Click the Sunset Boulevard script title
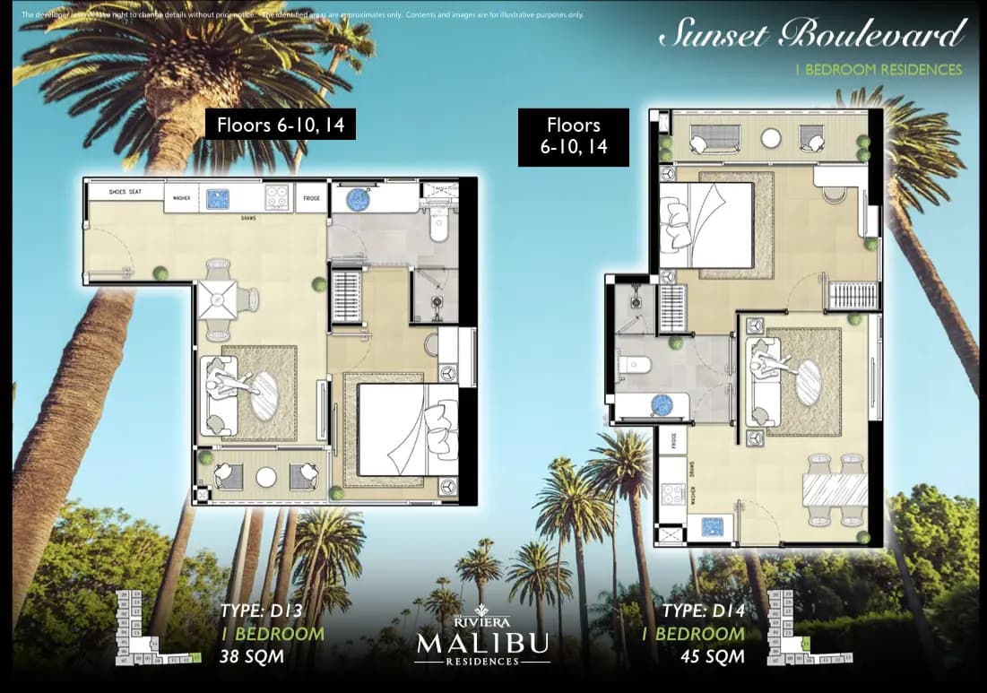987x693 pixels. pyautogui.click(x=812, y=34)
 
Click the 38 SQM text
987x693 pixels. pyautogui.click(x=252, y=656)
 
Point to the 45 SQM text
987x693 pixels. pyautogui.click(x=712, y=656)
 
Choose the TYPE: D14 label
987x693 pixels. pyautogui.click(x=703, y=613)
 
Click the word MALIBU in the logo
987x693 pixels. pyautogui.click(x=483, y=644)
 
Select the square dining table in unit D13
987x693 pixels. pyautogui.click(x=218, y=299)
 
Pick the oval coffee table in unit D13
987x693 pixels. pyautogui.click(x=264, y=395)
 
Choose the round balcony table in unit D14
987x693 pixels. pyautogui.click(x=772, y=139)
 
